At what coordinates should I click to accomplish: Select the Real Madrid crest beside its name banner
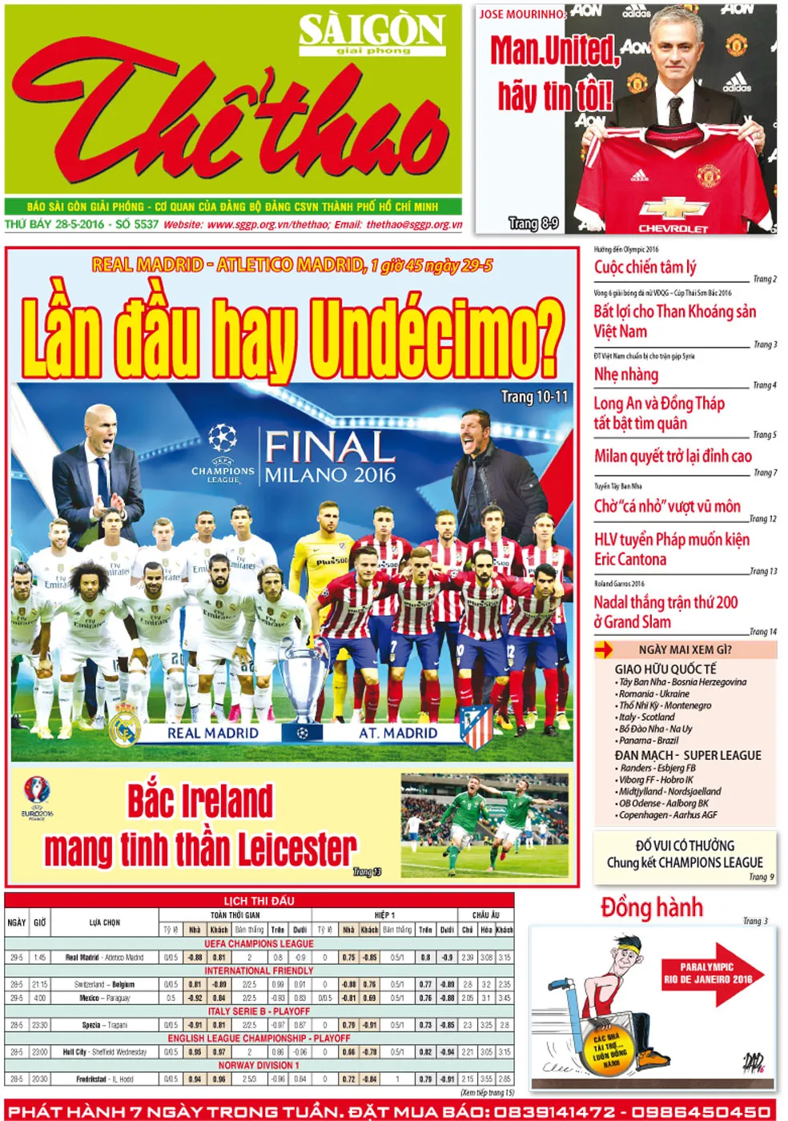click(x=125, y=725)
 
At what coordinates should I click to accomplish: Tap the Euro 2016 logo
click(x=37, y=796)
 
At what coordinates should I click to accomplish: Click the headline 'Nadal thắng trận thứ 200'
click(x=665, y=602)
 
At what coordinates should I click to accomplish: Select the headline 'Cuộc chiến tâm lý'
click(x=645, y=267)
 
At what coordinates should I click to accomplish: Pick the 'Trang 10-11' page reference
click(x=534, y=396)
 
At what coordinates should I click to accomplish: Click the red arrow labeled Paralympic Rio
click(x=710, y=974)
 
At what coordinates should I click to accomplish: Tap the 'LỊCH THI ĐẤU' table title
click(x=259, y=901)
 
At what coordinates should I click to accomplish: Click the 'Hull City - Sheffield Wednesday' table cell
click(x=105, y=1052)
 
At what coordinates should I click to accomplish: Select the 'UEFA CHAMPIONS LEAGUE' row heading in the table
click(x=259, y=944)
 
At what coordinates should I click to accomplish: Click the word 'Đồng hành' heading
click(x=651, y=908)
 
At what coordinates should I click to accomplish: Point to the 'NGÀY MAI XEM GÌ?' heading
click(x=685, y=649)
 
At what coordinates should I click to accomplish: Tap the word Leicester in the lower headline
click(x=296, y=849)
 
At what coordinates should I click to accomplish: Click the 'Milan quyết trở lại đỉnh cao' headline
click(x=673, y=456)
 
